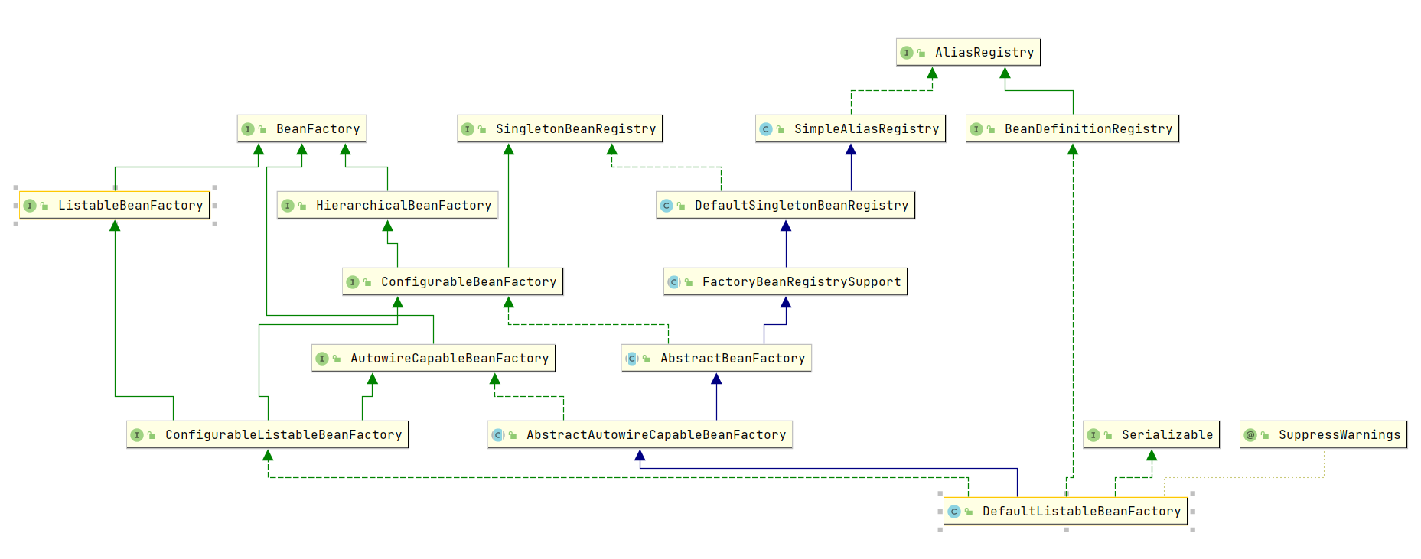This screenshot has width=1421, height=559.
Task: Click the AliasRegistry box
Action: [968, 52]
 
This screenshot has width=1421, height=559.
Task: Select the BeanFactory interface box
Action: [301, 128]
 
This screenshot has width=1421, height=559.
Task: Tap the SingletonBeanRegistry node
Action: [559, 128]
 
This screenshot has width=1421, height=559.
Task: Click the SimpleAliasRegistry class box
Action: [850, 128]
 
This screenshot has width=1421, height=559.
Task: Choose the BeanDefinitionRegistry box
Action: [1072, 128]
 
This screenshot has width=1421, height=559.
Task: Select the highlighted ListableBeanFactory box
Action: [114, 205]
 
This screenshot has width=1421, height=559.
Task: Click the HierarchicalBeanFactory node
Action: [387, 205]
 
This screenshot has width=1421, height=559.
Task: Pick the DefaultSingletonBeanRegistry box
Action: [785, 205]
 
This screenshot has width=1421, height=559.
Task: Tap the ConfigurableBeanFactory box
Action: [452, 281]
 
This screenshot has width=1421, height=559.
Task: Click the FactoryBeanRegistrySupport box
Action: [785, 281]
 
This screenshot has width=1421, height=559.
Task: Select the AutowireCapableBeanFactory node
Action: [433, 358]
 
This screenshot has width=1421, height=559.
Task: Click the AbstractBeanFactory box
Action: [716, 358]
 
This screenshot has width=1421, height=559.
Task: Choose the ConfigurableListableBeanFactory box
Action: [267, 434]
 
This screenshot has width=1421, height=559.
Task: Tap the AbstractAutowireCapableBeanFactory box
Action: [640, 434]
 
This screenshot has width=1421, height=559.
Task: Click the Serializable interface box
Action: [1151, 434]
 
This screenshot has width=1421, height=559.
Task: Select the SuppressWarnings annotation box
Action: [1323, 434]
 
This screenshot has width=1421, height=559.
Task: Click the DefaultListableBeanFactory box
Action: [1065, 511]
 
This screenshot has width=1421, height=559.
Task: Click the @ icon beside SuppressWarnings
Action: [1250, 435]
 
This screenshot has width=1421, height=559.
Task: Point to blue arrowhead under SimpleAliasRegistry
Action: [851, 149]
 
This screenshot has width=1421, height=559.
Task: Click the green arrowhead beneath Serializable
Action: [1152, 455]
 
